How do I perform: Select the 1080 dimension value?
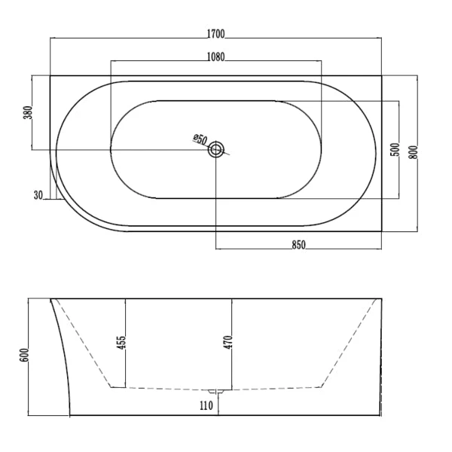(x=216, y=57)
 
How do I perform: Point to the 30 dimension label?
(x=38, y=195)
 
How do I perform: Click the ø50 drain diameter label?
(x=200, y=139)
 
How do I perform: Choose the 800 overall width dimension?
(x=413, y=151)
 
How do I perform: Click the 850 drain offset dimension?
(x=298, y=243)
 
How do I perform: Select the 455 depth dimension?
(x=121, y=342)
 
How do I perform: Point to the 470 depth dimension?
(x=226, y=342)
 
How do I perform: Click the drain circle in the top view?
(x=217, y=149)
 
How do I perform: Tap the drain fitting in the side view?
(x=217, y=391)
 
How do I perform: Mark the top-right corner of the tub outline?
(x=381, y=75)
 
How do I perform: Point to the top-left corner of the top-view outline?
(x=50, y=75)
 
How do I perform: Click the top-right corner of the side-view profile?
(x=381, y=299)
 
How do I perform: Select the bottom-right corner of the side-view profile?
(x=381, y=415)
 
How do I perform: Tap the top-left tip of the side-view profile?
(x=50, y=300)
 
